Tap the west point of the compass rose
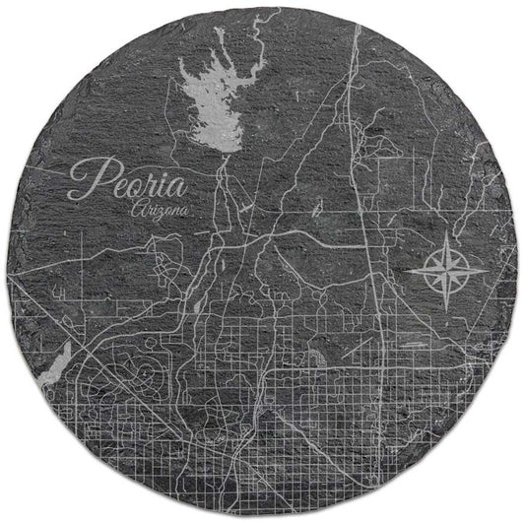(405, 267)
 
